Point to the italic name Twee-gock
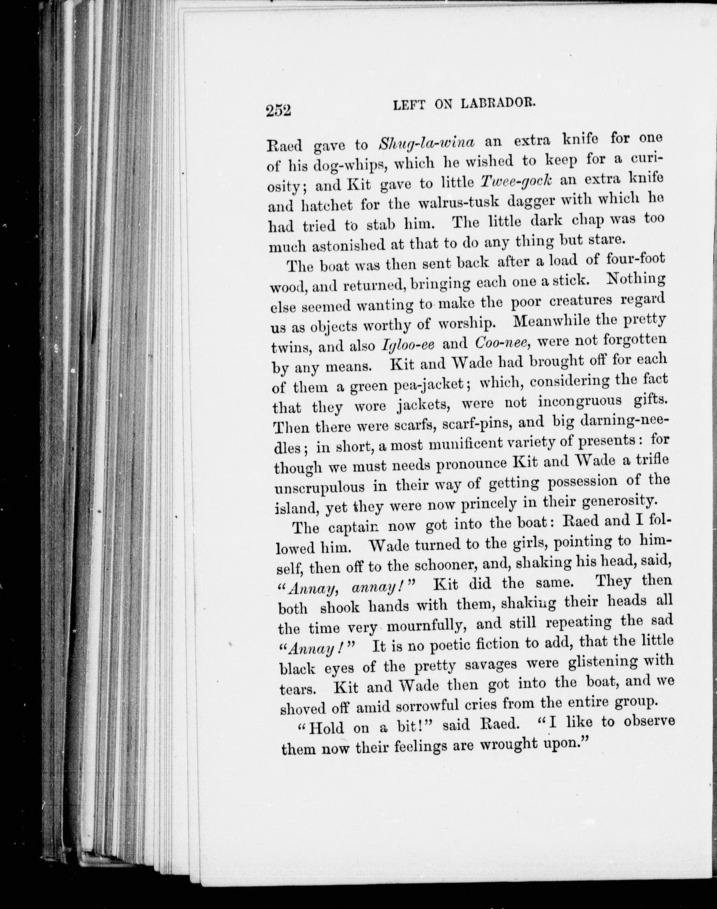tap(516, 181)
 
